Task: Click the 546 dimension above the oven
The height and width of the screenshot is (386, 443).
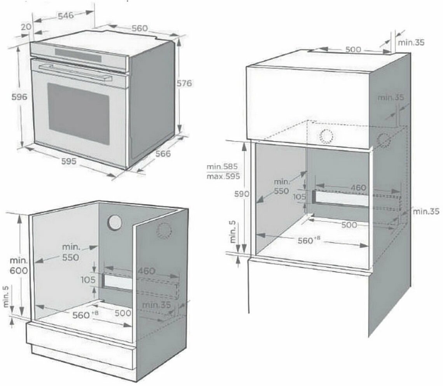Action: [66, 16]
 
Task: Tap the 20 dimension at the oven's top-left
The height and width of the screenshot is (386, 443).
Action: [26, 27]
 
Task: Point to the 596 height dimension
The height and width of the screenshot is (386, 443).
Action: [19, 97]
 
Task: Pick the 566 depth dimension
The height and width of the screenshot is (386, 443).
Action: [163, 154]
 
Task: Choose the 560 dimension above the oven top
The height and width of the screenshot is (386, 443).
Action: [139, 28]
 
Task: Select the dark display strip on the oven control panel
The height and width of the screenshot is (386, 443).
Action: [78, 55]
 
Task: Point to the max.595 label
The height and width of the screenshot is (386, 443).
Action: [222, 176]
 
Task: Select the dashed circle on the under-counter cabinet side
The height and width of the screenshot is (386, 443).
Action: [164, 231]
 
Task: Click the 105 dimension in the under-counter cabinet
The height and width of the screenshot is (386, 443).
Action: [88, 279]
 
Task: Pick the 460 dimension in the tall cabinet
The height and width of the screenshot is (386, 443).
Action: [358, 188]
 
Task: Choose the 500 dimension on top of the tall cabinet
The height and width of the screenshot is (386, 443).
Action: [353, 49]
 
